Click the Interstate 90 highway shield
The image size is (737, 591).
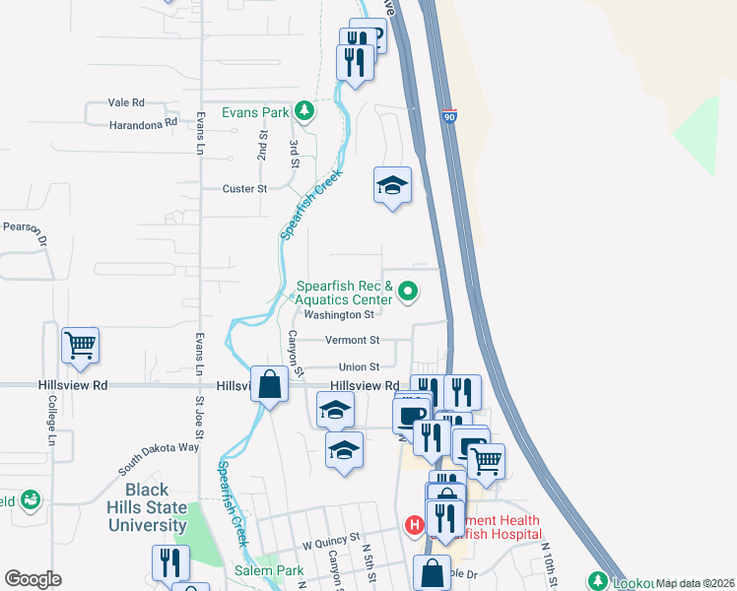(x=449, y=116)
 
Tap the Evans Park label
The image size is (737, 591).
(x=255, y=112)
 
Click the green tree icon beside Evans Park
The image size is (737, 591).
(x=305, y=111)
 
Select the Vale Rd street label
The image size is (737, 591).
(x=126, y=102)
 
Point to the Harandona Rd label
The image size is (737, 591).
(x=143, y=123)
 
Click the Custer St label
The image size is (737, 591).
(x=245, y=188)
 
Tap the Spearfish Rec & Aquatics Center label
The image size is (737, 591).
(x=345, y=293)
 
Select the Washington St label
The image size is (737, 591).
(x=339, y=315)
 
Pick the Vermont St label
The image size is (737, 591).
(x=352, y=341)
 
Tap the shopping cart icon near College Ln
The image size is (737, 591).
(x=80, y=346)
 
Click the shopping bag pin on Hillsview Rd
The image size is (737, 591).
(x=270, y=383)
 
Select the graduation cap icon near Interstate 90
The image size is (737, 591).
(x=391, y=185)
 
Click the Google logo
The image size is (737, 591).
(x=33, y=578)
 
